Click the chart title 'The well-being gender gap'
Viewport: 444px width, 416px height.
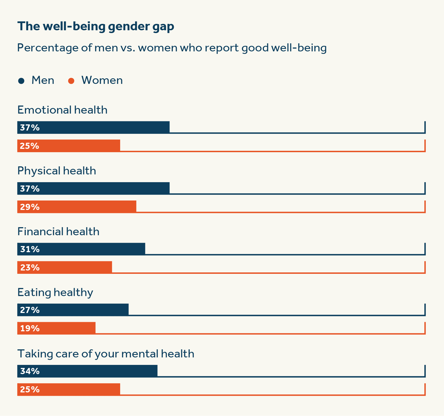point(96,27)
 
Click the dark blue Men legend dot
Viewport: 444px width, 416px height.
point(21,81)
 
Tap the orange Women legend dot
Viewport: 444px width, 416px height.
point(71,81)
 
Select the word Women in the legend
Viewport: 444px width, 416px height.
point(102,80)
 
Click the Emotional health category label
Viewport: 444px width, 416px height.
point(62,110)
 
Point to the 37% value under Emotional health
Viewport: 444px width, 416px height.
point(30,128)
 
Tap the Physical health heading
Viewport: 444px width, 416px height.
point(57,171)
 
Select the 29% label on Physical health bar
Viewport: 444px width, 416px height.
point(30,207)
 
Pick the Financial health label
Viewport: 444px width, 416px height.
point(58,232)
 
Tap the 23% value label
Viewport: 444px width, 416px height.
point(30,268)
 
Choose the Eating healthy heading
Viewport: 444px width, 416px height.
point(55,292)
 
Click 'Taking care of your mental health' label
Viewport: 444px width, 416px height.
point(106,354)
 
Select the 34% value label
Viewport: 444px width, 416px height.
point(30,371)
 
